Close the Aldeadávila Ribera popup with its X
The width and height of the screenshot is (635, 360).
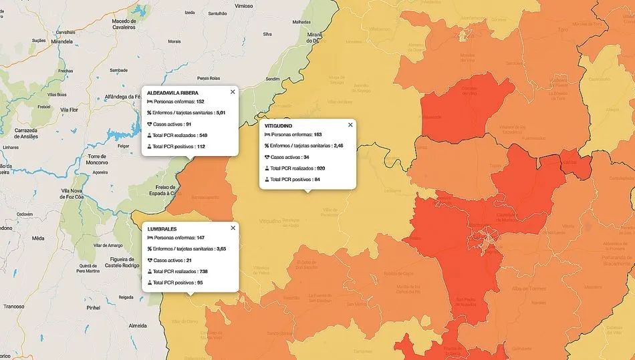(233, 92)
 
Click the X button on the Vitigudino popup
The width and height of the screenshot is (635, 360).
(350, 125)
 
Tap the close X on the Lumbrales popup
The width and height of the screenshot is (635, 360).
(233, 228)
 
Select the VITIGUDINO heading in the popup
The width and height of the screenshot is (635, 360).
(278, 126)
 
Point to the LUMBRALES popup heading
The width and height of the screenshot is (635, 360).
(162, 228)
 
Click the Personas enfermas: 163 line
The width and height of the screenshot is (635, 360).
(293, 135)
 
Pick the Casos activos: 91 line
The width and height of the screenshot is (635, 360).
(172, 124)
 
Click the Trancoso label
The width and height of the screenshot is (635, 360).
(13, 307)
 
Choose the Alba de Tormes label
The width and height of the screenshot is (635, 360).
(528, 289)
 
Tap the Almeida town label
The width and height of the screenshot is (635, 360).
(137, 325)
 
